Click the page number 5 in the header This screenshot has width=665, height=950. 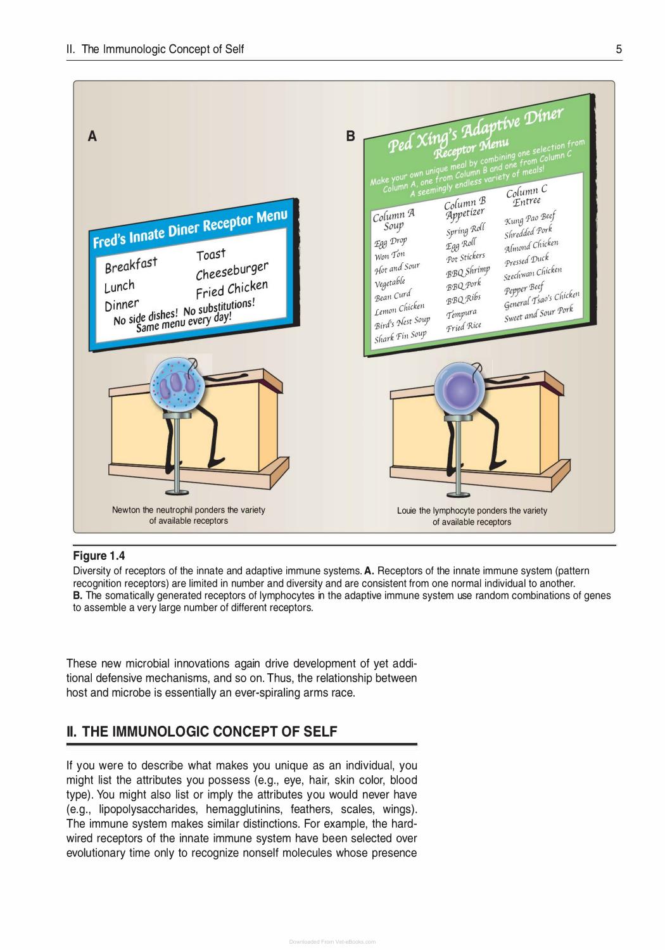point(619,49)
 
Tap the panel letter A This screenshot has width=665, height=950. point(92,136)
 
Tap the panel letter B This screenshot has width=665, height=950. point(350,136)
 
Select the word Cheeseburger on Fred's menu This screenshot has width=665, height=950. point(232,270)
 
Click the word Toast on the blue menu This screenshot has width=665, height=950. point(211,255)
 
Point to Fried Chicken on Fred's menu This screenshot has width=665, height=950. point(232,289)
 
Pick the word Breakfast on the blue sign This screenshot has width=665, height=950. point(130,265)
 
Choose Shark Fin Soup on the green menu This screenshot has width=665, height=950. point(400,337)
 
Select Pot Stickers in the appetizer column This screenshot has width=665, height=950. point(465,257)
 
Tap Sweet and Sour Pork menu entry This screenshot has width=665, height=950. point(538,314)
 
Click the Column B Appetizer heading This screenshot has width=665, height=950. point(465,208)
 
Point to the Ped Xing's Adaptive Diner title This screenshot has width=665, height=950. point(476,130)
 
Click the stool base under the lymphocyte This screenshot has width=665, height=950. point(458,494)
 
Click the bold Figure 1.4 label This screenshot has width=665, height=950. point(99,555)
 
